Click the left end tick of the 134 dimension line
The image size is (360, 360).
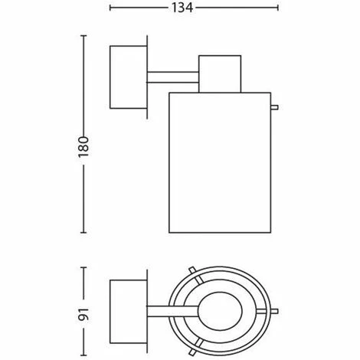point(110,8)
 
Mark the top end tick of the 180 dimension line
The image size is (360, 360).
point(84,34)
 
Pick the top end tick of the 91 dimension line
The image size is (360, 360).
point(84,267)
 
